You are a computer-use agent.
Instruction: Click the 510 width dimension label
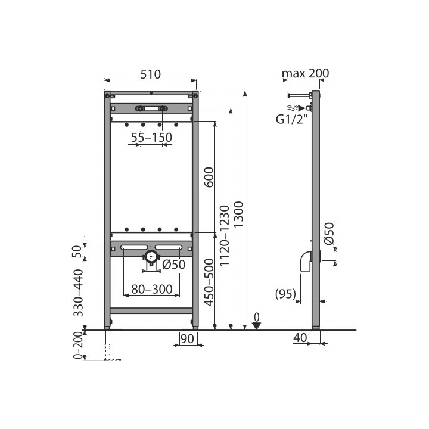[151, 74]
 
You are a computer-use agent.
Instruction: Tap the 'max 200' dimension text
[305, 73]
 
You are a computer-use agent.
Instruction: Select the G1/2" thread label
[291, 119]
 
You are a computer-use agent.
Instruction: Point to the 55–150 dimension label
[151, 138]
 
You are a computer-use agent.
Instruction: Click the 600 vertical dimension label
[209, 178]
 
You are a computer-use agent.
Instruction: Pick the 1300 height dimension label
[238, 214]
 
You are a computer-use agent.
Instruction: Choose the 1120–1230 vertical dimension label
[225, 235]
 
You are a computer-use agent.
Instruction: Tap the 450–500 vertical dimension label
[209, 282]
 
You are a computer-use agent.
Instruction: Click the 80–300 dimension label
[152, 289]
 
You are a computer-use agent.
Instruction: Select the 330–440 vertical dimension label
[78, 293]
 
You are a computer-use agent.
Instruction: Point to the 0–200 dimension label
[78, 345]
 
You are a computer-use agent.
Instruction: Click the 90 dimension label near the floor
[188, 339]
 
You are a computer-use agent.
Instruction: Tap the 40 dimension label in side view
[300, 338]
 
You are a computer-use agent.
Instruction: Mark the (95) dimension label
[285, 294]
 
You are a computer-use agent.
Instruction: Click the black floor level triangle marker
[256, 326]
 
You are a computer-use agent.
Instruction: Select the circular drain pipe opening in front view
[151, 257]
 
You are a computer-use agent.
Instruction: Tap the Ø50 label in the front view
[174, 265]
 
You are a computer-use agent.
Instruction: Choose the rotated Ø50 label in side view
[329, 234]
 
